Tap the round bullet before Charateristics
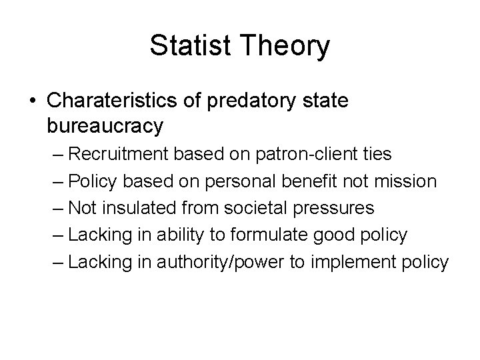(x=33, y=101)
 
